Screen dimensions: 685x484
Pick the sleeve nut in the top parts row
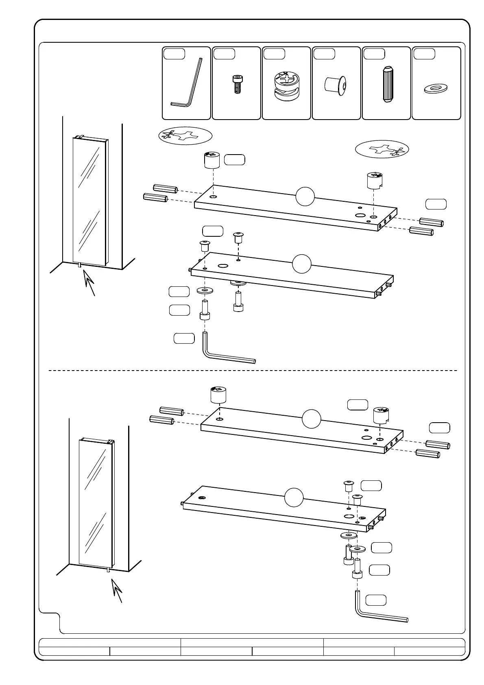336,85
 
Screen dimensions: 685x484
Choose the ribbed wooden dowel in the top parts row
386,84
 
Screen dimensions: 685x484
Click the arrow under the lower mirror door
118,590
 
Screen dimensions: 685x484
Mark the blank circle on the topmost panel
305,197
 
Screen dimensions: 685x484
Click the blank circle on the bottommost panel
294,497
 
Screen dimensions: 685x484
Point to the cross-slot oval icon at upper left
185,136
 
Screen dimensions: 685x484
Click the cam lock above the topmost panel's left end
211,159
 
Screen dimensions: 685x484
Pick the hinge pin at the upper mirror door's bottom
80,266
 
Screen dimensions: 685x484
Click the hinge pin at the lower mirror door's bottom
108,570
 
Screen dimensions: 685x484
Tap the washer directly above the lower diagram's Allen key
357,549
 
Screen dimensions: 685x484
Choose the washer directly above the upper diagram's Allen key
205,290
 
